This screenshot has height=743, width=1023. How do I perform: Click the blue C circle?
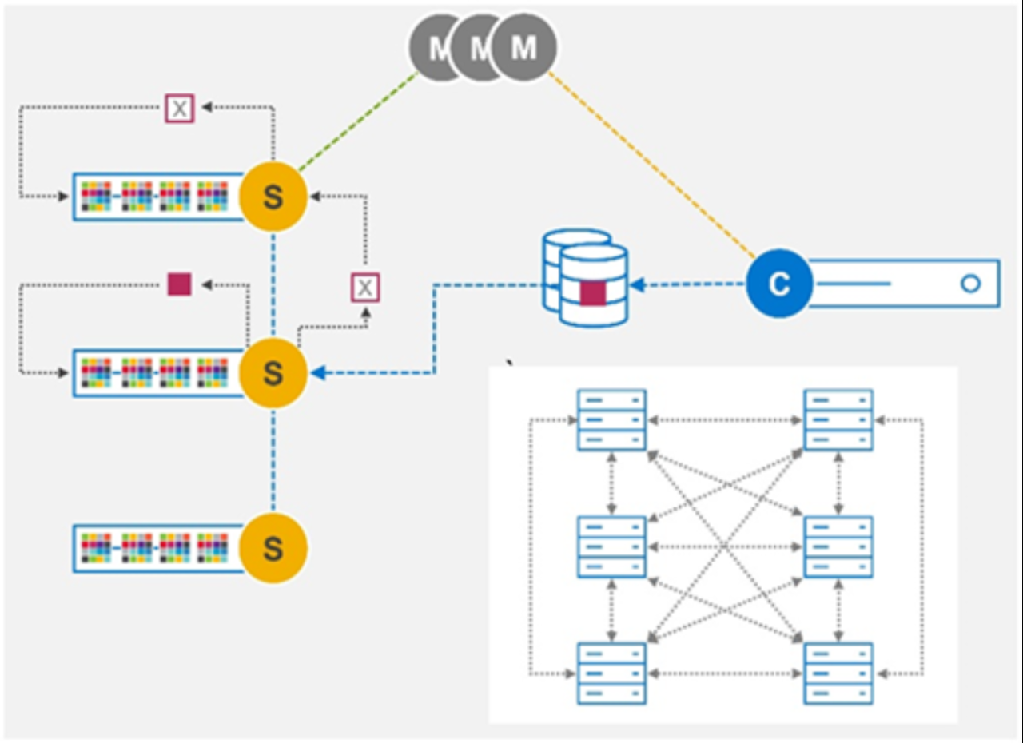click(x=779, y=284)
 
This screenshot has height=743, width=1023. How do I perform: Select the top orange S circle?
click(x=273, y=197)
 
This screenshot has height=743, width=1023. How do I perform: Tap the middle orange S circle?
click(x=273, y=372)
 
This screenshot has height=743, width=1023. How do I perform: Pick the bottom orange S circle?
click(x=273, y=548)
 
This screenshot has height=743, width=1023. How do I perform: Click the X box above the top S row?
click(x=180, y=108)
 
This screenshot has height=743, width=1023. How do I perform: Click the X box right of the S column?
click(x=365, y=288)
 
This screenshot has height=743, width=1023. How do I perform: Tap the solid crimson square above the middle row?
click(x=179, y=284)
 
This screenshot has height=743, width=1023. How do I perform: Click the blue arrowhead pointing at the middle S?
click(x=317, y=372)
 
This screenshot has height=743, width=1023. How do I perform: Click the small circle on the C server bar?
click(x=970, y=284)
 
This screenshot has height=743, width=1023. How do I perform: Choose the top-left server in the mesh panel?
click(x=611, y=419)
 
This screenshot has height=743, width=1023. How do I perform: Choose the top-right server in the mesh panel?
click(x=838, y=419)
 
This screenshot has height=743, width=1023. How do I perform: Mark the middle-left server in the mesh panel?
click(x=611, y=546)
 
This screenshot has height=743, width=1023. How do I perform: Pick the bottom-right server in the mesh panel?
click(x=838, y=673)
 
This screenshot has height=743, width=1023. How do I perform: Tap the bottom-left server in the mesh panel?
click(x=611, y=673)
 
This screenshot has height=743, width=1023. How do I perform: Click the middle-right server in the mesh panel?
click(x=838, y=546)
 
